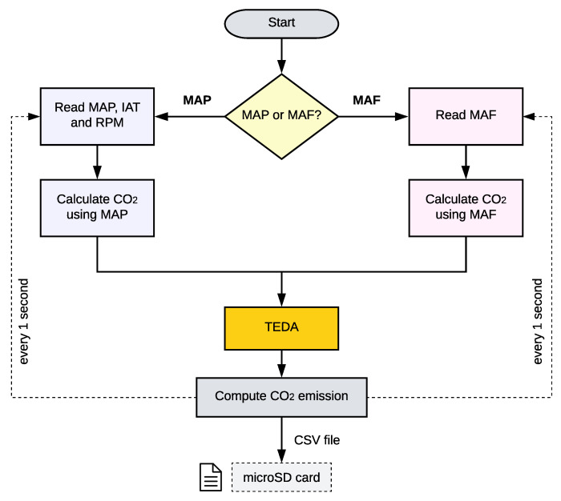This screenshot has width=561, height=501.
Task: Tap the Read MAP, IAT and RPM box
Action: [97, 117]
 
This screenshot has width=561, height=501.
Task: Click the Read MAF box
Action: [464, 117]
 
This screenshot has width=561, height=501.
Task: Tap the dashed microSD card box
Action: [281, 479]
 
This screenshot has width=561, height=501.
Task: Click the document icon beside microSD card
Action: [210, 479]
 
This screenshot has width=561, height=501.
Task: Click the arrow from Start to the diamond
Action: [281, 56]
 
